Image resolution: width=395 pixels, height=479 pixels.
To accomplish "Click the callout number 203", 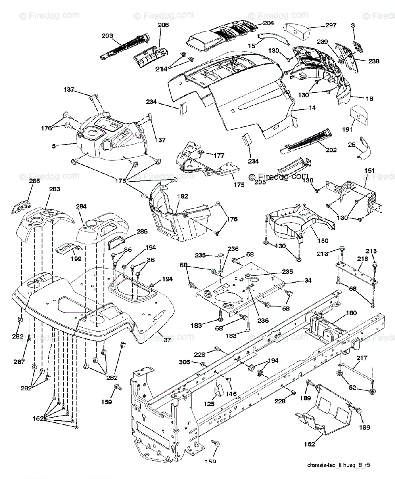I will pyautogui.click(x=107, y=36).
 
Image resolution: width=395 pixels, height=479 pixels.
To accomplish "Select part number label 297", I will pyautogui.click(x=330, y=25).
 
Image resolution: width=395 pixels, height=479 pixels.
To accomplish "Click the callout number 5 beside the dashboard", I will pyautogui.click(x=53, y=146).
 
